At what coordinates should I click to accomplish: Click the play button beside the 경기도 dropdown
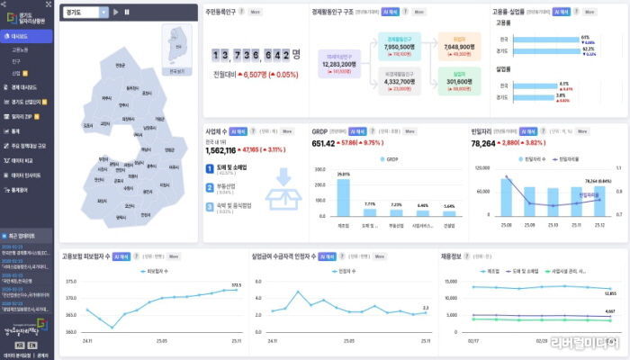point(117,12)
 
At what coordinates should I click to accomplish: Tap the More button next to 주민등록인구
point(256,13)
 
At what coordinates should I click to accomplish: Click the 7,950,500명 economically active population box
point(398,47)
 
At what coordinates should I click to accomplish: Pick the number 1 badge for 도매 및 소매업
point(209,167)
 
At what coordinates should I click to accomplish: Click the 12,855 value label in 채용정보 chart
point(610,293)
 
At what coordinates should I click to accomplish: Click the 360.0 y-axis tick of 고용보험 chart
point(69,330)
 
